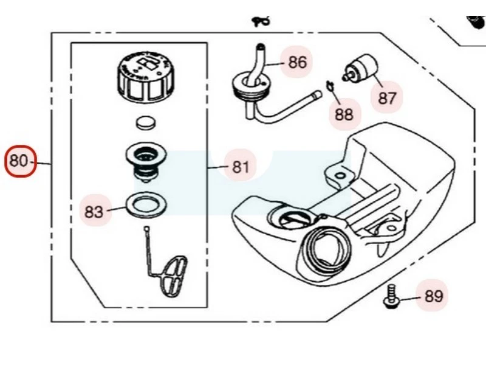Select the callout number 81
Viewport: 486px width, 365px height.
pos(241,166)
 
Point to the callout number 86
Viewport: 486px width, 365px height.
pos(297,62)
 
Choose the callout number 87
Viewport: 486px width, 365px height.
pos(387,98)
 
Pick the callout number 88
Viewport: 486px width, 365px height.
pos(344,114)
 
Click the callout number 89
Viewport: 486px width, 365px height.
pos(433,296)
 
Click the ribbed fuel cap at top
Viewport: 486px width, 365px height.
pos(143,76)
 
